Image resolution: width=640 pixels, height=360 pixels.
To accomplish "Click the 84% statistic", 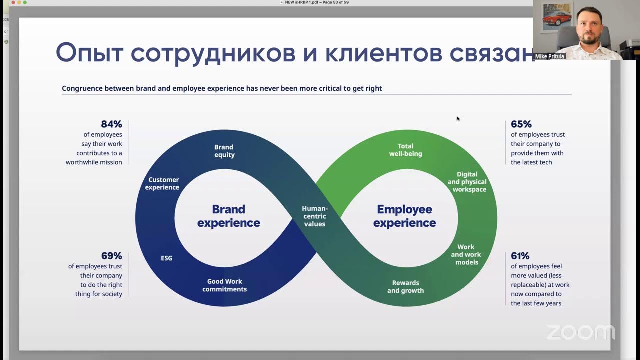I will point(111,124).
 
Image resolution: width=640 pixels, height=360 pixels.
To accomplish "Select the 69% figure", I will point(112,256).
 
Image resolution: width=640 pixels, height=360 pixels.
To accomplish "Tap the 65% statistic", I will point(521,124).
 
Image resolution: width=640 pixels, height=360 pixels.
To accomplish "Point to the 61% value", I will point(520,256).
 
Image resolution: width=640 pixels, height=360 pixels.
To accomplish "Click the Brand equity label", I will point(224,151).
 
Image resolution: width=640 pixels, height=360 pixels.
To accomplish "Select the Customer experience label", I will point(163,183).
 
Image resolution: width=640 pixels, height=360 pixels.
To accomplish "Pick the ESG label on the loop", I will point(166,258).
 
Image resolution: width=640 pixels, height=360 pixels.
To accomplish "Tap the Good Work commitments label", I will point(224,285).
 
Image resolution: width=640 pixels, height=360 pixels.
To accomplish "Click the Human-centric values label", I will point(315,216).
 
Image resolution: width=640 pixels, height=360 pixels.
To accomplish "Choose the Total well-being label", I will point(405,150).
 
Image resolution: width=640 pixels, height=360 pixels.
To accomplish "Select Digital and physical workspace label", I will point(467,182).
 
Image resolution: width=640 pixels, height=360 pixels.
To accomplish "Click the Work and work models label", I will point(466,254).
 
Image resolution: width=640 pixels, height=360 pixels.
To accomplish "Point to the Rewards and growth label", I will point(405,287).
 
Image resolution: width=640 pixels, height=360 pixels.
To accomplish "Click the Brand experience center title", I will point(228,216).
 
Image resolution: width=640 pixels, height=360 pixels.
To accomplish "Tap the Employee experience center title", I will point(404,216).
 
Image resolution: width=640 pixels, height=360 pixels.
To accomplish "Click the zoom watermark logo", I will point(580,333).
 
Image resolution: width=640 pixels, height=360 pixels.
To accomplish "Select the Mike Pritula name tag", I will point(550,57).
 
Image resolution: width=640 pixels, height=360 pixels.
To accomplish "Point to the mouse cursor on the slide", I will point(458,119).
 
